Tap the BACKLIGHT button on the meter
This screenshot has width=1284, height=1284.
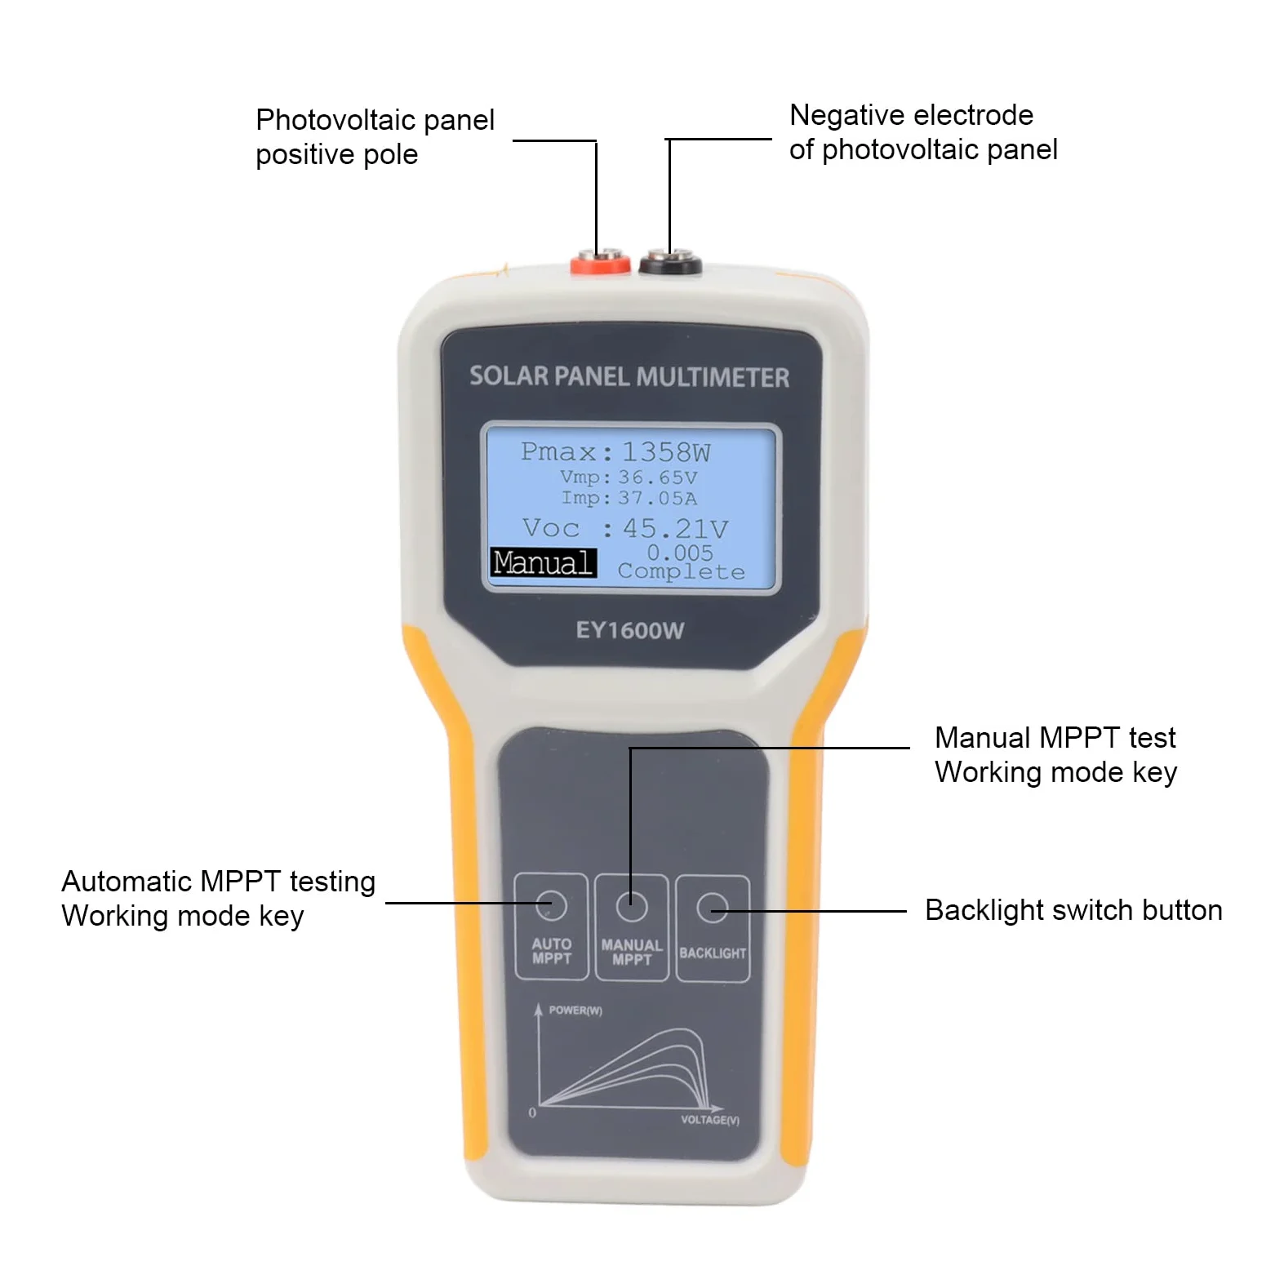pyautogui.click(x=713, y=928)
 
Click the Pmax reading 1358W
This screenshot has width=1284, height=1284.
pyautogui.click(x=666, y=451)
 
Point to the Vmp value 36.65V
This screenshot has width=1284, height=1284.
pyautogui.click(x=657, y=477)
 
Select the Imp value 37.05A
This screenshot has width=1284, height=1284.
pyautogui.click(x=657, y=498)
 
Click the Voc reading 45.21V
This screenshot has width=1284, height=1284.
pyautogui.click(x=675, y=528)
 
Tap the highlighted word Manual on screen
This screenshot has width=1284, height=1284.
pyautogui.click(x=543, y=562)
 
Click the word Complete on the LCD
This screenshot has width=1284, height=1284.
pyautogui.click(x=681, y=571)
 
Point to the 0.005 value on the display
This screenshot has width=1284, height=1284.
pyautogui.click(x=680, y=553)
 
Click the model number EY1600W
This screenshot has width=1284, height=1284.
pyautogui.click(x=629, y=630)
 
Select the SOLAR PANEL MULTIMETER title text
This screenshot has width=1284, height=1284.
pyautogui.click(x=629, y=376)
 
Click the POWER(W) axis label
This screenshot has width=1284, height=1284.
pyautogui.click(x=575, y=1011)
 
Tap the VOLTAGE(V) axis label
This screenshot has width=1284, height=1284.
pyautogui.click(x=710, y=1120)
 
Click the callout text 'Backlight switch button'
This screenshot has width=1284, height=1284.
pyautogui.click(x=1073, y=910)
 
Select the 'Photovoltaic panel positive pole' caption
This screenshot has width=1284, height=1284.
pyautogui.click(x=375, y=137)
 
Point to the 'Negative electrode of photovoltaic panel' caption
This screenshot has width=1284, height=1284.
pyautogui.click(x=923, y=132)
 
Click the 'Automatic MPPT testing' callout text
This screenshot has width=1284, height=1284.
pyautogui.click(x=219, y=882)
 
